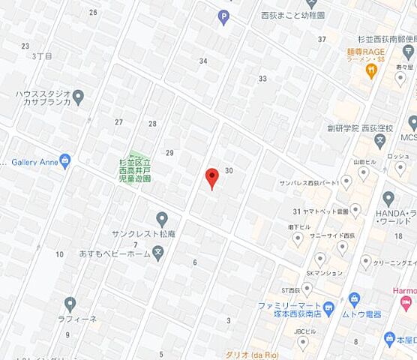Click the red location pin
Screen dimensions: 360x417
coord(211,178)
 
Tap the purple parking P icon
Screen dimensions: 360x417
coord(223,17)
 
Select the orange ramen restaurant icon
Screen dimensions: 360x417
coord(370,70)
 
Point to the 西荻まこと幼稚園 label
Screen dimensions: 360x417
coord(292,14)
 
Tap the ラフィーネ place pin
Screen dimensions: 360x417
coord(70,304)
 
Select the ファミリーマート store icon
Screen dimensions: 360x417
coord(328,306)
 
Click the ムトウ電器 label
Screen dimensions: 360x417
coord(367,315)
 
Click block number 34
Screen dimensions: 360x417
coord(203,61)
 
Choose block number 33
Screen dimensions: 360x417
coord(262,78)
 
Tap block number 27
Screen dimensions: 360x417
coord(118,122)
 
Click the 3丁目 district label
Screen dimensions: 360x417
coord(43,56)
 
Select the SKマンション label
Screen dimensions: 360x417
coord(325,274)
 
